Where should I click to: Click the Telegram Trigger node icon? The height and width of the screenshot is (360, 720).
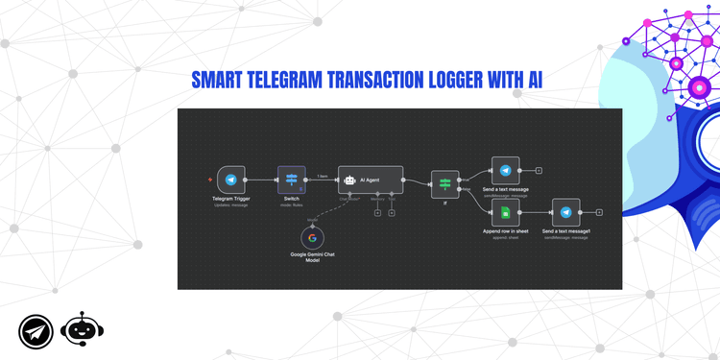(x=230, y=180)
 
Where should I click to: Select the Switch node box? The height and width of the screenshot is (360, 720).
(x=291, y=180)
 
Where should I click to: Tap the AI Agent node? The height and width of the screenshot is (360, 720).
(x=371, y=180)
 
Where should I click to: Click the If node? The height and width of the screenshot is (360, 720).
(x=445, y=182)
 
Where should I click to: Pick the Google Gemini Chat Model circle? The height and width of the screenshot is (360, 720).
(x=311, y=237)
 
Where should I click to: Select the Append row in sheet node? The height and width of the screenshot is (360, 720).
(x=505, y=212)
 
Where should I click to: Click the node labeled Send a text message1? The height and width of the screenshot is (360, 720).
(x=565, y=212)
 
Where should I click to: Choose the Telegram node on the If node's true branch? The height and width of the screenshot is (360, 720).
(x=505, y=170)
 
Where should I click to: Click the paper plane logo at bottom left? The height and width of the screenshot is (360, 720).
(x=36, y=331)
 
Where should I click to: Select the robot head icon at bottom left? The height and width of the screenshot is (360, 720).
(x=82, y=330)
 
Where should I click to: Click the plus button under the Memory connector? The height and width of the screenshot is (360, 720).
(x=377, y=212)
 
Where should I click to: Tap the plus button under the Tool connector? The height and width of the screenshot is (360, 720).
(x=392, y=212)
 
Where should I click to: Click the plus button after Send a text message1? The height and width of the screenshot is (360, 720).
(x=598, y=212)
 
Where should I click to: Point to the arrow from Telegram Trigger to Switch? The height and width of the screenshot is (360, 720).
(x=262, y=180)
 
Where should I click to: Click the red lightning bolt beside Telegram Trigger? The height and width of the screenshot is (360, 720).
(x=210, y=180)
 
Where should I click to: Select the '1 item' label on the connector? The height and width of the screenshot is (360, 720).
(x=324, y=175)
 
